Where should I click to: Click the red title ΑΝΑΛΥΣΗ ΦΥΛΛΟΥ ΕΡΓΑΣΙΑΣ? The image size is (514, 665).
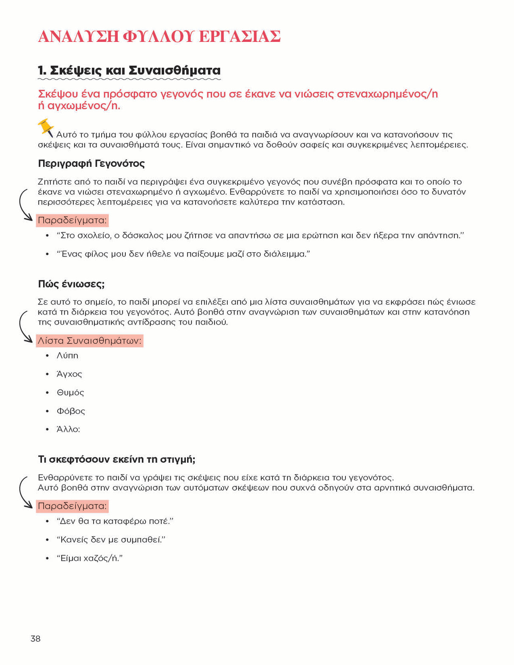tap(159, 36)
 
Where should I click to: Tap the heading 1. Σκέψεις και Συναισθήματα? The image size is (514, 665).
tap(129, 70)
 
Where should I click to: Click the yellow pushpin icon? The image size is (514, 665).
tap(45, 127)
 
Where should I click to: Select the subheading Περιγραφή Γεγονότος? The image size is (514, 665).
tap(91, 163)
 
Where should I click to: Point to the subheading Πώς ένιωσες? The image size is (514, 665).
tap(71, 284)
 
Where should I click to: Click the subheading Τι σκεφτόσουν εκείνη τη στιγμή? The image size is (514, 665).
tap(116, 459)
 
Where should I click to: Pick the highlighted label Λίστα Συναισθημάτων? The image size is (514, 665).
tap(90, 341)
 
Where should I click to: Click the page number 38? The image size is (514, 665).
tap(36, 638)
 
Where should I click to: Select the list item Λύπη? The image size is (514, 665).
tap(68, 356)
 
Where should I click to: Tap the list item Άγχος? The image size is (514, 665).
tap(69, 374)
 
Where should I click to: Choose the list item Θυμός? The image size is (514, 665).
tap(70, 392)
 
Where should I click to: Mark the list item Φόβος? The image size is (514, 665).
tap(71, 411)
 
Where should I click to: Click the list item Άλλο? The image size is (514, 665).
tap(68, 429)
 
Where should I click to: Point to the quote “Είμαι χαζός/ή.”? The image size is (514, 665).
tap(89, 558)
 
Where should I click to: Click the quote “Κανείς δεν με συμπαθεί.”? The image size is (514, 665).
tap(111, 540)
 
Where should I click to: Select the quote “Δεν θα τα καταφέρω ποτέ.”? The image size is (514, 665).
tap(115, 521)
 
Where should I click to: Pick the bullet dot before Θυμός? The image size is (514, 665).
tap(47, 393)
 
